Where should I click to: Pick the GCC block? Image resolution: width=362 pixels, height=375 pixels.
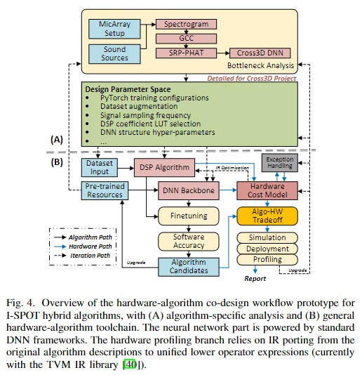pos(186,38)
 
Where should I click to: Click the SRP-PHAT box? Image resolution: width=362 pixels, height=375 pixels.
pos(185,53)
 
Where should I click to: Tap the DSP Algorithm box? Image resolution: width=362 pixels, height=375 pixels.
pos(163,168)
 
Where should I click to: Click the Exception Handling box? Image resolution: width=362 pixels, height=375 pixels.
pos(279,164)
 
